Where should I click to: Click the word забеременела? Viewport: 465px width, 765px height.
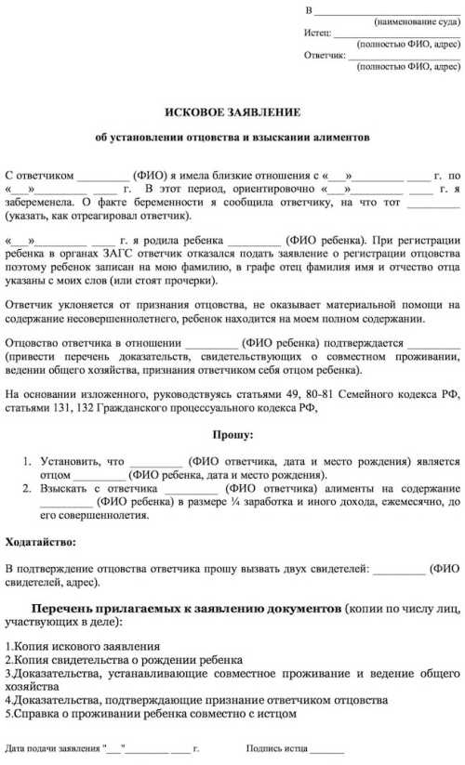tap(40, 201)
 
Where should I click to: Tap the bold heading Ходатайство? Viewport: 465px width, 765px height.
tap(43, 542)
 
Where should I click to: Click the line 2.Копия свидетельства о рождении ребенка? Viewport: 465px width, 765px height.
tap(123, 660)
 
